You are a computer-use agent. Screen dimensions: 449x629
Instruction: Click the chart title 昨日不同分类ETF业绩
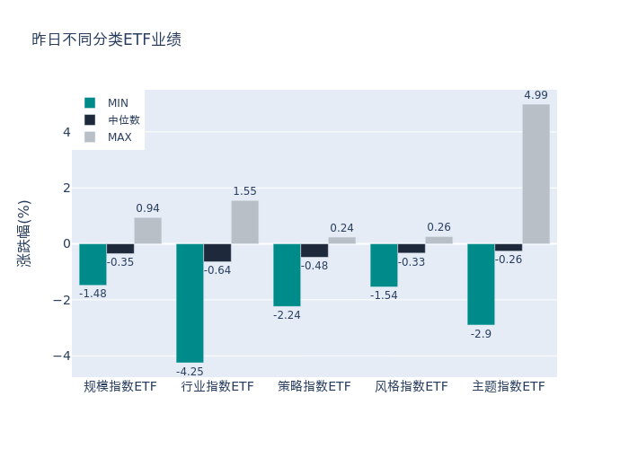coord(106,40)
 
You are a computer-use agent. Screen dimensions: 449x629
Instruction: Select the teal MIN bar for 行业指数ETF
coord(190,303)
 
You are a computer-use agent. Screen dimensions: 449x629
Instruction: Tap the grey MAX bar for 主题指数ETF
coord(536,174)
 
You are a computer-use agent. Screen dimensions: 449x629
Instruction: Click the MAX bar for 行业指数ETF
coord(244,222)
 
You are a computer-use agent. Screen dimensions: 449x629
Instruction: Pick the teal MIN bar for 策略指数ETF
coord(287,275)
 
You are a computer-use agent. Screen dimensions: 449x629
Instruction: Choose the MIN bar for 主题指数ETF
coord(481,284)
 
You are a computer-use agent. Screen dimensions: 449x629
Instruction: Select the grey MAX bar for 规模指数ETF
coord(147,231)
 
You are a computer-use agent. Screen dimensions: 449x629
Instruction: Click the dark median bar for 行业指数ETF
coord(217,252)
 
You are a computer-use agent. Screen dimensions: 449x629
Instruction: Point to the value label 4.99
coord(536,95)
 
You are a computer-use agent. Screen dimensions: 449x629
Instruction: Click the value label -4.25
coord(190,372)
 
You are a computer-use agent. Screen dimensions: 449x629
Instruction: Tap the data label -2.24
coord(287,315)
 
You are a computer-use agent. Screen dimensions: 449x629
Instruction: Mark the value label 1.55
coord(244,191)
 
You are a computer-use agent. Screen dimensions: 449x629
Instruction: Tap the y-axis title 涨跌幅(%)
coord(24,233)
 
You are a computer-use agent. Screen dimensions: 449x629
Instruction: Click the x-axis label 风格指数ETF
coord(411,387)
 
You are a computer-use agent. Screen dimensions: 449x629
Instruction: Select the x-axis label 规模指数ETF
coord(120,387)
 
